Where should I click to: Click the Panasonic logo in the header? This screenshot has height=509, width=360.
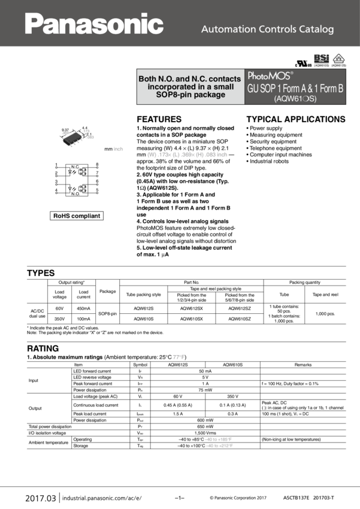click(93, 24)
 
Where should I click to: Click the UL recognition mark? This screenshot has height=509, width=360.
click(300, 62)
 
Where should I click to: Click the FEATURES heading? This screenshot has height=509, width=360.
click(159, 119)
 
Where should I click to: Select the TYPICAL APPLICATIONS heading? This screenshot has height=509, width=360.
click(296, 119)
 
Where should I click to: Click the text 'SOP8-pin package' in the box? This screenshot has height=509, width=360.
click(190, 95)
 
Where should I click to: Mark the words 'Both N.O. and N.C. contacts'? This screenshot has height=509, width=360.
click(190, 78)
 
